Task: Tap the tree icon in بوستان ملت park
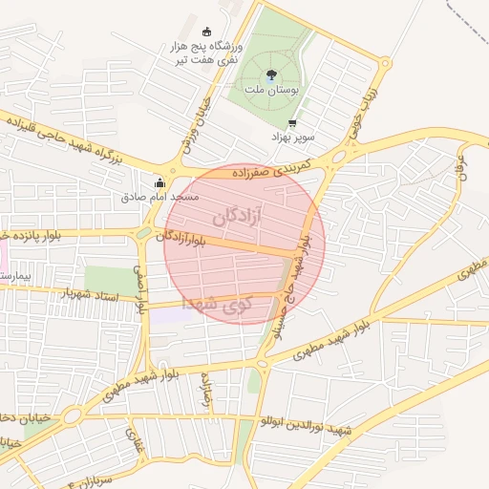tap(271, 74)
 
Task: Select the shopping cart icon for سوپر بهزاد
tap(291, 123)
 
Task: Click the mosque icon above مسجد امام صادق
tap(159, 182)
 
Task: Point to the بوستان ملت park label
tap(271, 89)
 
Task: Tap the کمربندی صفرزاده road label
tap(289, 171)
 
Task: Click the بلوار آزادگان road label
tap(187, 235)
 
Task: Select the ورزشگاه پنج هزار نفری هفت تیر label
tap(208, 53)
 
